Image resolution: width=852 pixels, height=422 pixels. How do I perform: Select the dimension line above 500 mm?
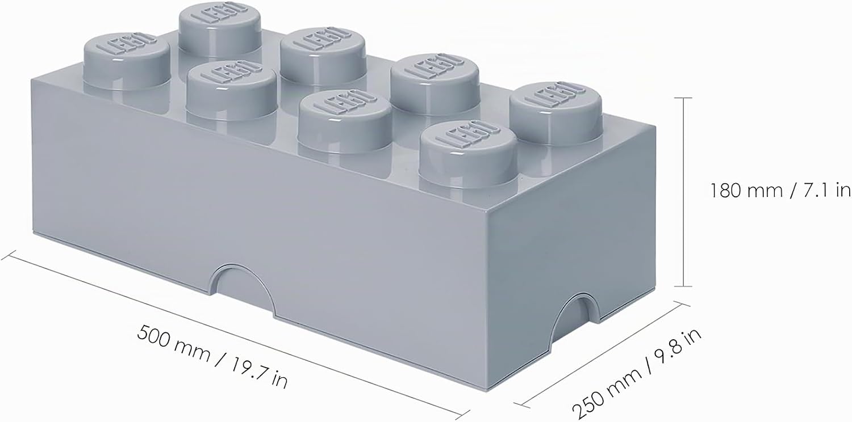point(235,335)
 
